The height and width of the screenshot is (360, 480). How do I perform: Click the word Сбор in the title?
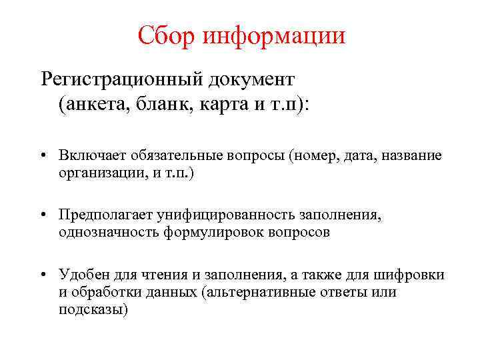pyautogui.click(x=162, y=35)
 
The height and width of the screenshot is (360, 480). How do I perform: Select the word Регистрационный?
pyautogui.click(x=123, y=79)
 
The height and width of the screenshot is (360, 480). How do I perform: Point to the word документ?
pyautogui.click(x=252, y=79)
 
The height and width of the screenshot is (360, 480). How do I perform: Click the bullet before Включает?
pyautogui.click(x=43, y=155)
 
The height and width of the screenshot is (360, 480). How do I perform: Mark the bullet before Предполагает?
pyautogui.click(x=43, y=215)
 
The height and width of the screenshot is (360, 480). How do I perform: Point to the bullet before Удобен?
pyautogui.click(x=43, y=275)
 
